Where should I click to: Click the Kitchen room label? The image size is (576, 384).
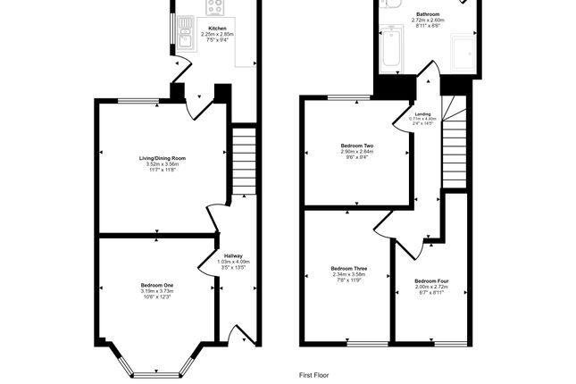tap(217, 29)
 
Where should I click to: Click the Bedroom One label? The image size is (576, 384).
tap(157, 285)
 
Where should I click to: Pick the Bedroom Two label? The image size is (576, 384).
tap(356, 146)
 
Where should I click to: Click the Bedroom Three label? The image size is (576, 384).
tap(348, 268)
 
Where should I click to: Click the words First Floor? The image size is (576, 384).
tap(313, 375)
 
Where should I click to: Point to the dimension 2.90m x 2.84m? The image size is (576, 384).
tap(356, 153)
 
